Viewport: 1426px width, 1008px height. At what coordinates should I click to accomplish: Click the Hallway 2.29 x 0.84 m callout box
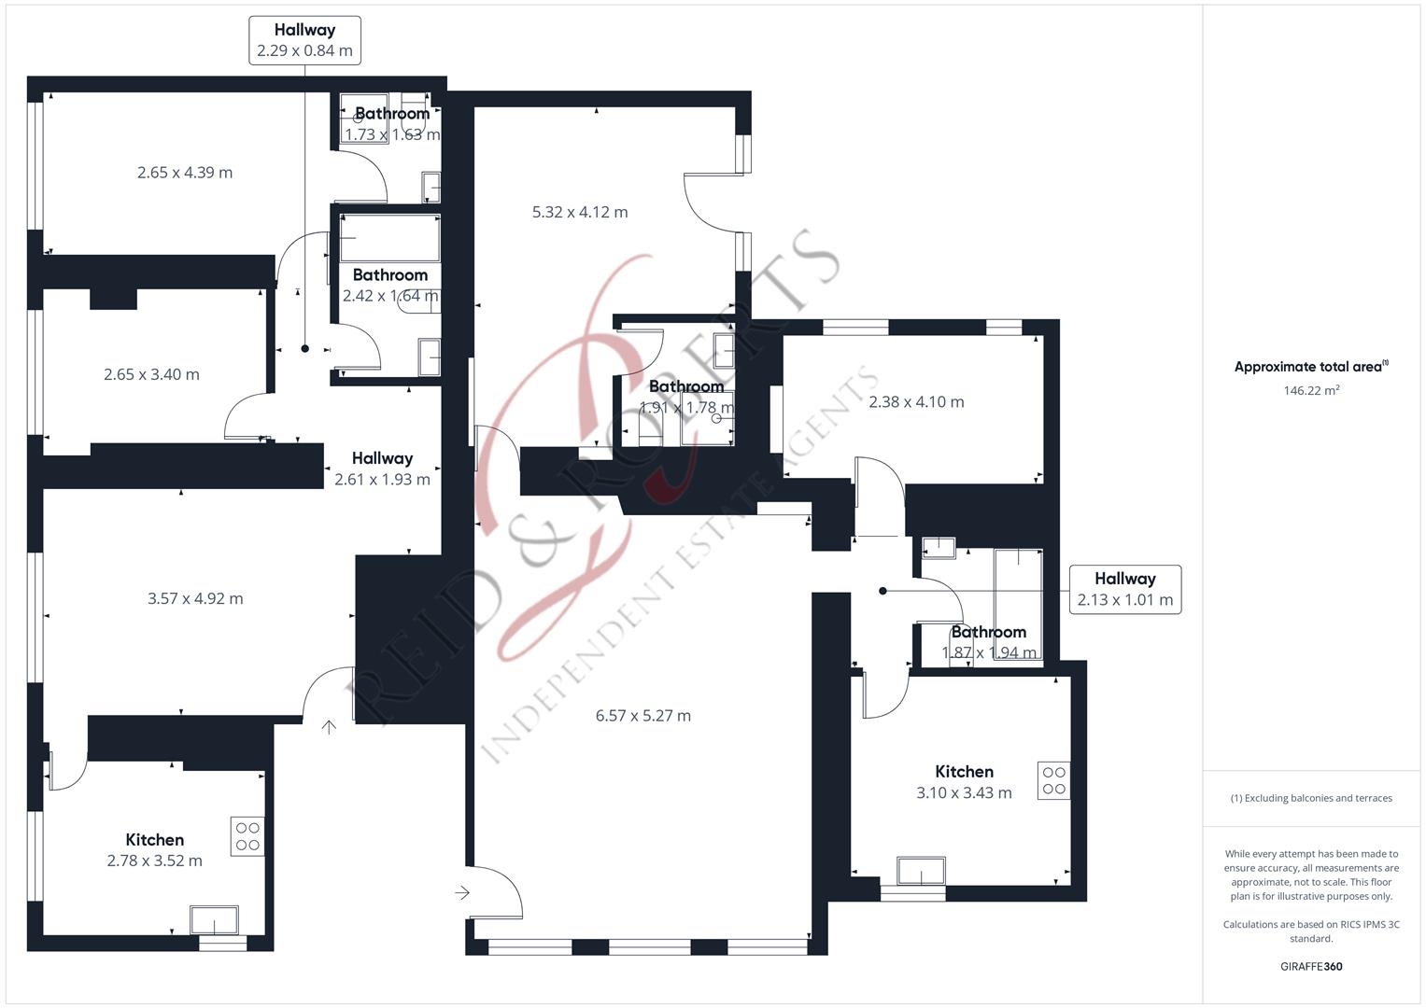[304, 40]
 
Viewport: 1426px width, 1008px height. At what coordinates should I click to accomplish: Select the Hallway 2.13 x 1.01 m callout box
[1125, 589]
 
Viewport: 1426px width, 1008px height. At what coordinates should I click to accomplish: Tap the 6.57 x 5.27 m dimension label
[643, 715]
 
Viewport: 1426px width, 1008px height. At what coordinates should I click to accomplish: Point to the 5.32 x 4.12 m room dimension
[580, 212]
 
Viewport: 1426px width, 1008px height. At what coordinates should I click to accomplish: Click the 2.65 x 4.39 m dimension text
[185, 173]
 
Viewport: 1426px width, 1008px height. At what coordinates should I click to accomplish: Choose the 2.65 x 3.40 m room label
[151, 374]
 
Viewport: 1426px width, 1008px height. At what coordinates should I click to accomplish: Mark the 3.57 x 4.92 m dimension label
[195, 598]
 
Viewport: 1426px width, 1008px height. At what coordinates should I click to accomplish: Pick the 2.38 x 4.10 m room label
[916, 401]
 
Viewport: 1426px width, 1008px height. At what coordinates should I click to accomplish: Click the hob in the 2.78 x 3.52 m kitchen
[247, 836]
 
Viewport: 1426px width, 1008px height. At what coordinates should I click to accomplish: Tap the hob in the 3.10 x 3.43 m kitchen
[1053, 780]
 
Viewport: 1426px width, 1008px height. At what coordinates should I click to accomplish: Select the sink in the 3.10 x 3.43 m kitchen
[921, 871]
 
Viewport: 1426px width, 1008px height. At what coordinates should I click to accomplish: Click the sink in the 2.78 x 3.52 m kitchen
[214, 920]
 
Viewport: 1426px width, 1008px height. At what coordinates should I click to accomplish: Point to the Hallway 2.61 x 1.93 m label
[382, 469]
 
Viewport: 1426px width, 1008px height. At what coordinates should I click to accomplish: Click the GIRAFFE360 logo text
[1311, 966]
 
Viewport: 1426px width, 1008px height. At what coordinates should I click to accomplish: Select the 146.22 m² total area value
[1311, 390]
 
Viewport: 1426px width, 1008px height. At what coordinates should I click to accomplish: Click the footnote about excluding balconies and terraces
[1311, 798]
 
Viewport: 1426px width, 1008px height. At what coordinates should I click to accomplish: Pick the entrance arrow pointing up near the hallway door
[329, 727]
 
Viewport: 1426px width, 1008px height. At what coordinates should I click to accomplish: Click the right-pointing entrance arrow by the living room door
[462, 893]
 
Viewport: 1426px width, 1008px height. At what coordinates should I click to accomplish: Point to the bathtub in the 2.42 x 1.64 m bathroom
[389, 238]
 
